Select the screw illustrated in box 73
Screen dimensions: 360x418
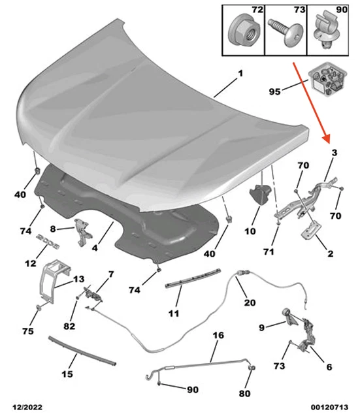tap(286, 32)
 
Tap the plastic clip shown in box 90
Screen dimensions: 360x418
tap(326, 30)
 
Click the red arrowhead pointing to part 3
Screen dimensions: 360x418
tap(327, 137)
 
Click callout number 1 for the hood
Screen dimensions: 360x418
tap(240, 73)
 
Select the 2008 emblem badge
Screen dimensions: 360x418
tap(48, 241)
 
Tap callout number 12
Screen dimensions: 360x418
tap(30, 263)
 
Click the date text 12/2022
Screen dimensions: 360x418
tap(27, 408)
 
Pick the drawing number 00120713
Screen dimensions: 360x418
tap(329, 408)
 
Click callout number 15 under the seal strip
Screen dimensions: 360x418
tap(67, 374)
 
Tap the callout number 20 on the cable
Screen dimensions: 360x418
tap(250, 302)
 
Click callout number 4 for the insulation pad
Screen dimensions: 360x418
tap(95, 248)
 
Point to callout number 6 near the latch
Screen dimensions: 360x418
tap(329, 367)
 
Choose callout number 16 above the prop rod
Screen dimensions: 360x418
tap(218, 335)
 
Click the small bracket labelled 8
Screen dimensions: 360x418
tap(83, 232)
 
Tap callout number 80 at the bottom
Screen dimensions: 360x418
tap(244, 393)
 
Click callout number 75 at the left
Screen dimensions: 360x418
tap(28, 331)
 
